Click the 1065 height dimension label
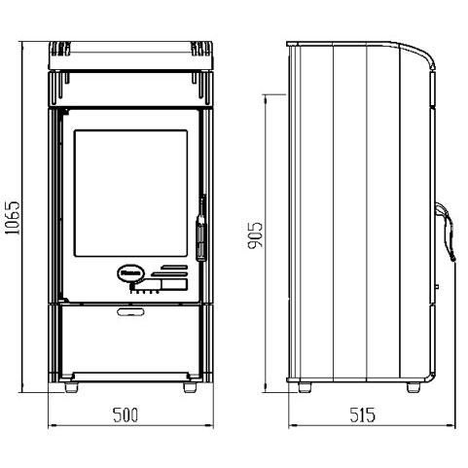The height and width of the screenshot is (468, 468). coord(14,218)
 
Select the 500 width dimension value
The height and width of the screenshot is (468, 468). coord(126,414)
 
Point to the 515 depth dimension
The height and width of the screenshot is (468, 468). coord(362,414)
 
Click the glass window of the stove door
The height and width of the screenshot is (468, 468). coord(130,194)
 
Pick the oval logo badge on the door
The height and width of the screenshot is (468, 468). coord(130,274)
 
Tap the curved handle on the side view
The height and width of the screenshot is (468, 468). coord(447,231)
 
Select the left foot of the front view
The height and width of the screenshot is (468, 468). coord(71,387)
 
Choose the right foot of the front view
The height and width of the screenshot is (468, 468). coord(190,387)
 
